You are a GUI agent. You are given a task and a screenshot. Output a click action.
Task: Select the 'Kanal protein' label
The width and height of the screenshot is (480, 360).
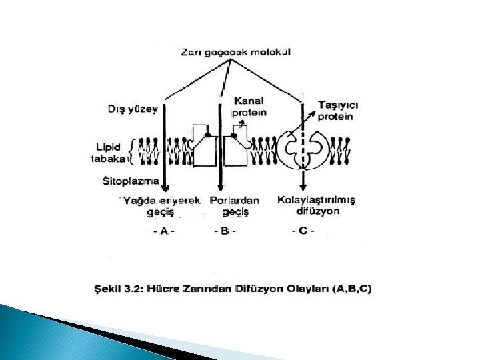point(249,107)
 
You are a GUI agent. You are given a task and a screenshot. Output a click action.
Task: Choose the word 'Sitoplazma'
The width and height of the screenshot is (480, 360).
point(131,180)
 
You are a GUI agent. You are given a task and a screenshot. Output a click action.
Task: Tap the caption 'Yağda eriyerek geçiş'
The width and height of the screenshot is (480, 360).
point(160,205)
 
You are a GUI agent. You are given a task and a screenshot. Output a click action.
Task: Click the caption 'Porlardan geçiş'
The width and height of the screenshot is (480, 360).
point(234,205)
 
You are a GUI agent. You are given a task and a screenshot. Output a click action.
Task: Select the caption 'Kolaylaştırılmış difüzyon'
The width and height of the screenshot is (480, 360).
point(317,205)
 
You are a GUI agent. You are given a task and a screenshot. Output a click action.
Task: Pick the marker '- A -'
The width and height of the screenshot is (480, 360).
point(163,231)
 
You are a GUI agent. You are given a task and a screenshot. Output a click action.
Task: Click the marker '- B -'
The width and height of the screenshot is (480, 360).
point(225,231)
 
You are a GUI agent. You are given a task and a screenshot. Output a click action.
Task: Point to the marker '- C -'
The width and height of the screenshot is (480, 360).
point(303,231)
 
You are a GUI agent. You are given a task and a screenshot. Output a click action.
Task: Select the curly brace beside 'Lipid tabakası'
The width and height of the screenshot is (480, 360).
point(133,151)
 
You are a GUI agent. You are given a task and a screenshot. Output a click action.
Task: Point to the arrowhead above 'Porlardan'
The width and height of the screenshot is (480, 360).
point(221,189)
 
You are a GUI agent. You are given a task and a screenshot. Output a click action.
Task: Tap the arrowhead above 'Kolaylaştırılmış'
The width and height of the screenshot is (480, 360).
point(303,189)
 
